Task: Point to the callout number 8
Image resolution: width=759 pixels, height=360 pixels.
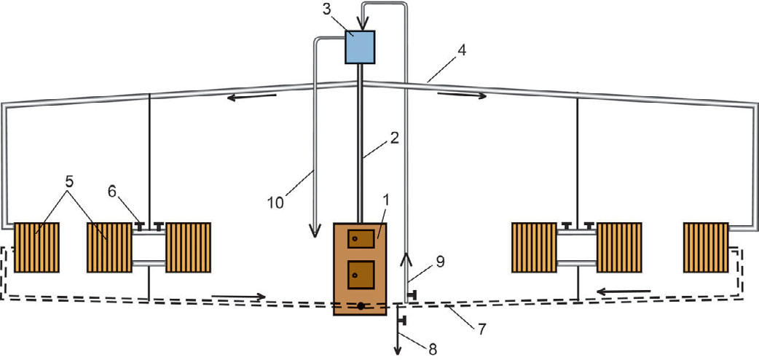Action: [432, 349]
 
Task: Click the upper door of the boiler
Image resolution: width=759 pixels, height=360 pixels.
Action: [361, 238]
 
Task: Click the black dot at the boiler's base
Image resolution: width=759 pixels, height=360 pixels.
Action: [361, 306]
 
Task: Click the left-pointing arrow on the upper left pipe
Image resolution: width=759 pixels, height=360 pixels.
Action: [251, 95]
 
